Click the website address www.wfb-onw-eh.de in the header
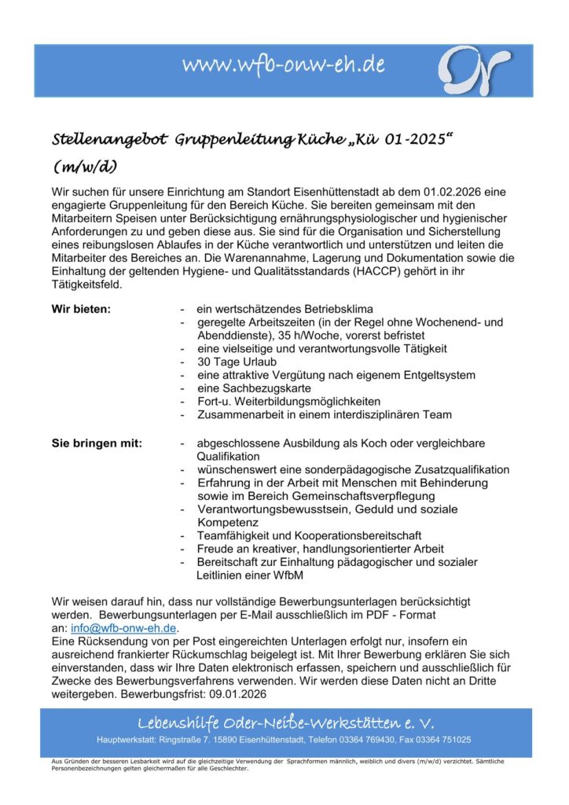(283, 66)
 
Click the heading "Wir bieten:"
(81, 308)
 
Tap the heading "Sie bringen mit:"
(97, 443)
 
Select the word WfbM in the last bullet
(286, 575)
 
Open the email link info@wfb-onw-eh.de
(123, 628)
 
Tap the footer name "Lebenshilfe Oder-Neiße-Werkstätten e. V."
(284, 722)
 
